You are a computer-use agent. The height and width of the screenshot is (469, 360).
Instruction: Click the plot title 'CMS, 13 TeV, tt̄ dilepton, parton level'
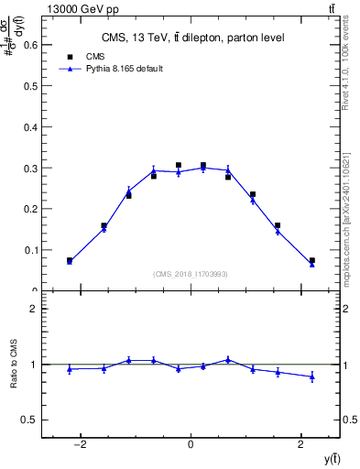pos(191,38)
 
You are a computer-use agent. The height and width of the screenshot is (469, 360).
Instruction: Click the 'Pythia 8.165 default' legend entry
pos(111,69)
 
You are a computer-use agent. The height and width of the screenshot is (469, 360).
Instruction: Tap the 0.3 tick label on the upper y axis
pos(32,168)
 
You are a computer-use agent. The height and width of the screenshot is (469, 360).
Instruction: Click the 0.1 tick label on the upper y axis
pos(32,250)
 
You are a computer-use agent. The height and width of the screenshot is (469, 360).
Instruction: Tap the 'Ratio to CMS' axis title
pos(14,364)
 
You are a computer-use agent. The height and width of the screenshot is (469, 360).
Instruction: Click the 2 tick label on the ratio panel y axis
pos(35,309)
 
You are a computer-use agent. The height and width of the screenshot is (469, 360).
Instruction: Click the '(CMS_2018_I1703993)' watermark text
pos(191,273)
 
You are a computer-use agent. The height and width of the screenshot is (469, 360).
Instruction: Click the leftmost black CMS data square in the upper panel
pos(70,260)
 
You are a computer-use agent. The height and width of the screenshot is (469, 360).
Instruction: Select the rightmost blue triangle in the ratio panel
pos(312,376)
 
